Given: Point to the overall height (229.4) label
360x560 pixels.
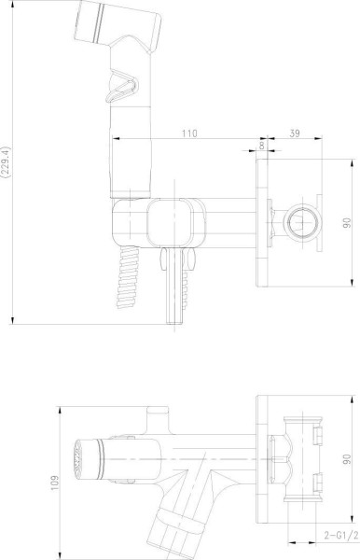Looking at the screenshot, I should pyautogui.click(x=7, y=160).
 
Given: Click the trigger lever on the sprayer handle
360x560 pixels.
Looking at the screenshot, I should pyautogui.click(x=118, y=89).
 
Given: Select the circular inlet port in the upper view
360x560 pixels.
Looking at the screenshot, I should pyautogui.click(x=302, y=222).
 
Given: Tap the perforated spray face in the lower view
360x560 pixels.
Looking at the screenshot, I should pyautogui.click(x=76, y=460).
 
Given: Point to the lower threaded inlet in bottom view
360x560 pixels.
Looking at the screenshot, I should pyautogui.click(x=317, y=483).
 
